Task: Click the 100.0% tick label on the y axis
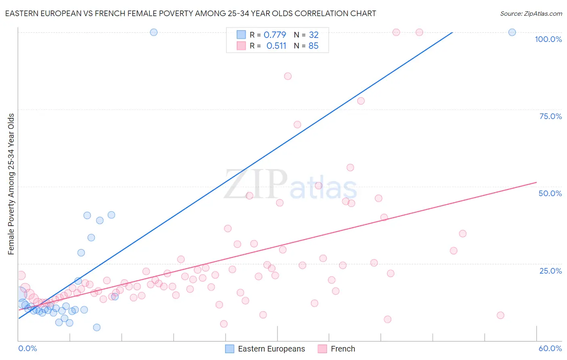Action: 548,39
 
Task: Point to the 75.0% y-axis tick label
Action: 550,116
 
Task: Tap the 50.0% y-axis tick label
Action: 550,193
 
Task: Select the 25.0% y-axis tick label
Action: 550,270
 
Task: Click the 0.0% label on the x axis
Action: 27,348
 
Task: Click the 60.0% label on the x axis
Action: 550,348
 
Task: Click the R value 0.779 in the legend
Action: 275,35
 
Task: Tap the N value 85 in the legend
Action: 313,46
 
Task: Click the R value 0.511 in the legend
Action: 276,46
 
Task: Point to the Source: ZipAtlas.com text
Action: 531,14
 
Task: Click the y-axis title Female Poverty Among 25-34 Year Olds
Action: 11,184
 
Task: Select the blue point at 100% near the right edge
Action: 512,32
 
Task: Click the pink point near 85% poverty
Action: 288,76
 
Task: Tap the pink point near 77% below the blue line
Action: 361,101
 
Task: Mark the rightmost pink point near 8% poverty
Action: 500,315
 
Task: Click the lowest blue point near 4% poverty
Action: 97,327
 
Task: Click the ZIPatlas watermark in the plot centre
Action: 290,185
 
